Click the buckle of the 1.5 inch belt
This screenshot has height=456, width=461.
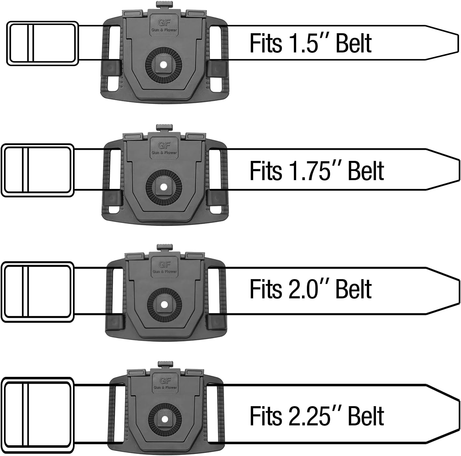pyautogui.click(x=43, y=43)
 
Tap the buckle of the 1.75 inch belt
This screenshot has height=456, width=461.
pyautogui.click(x=38, y=170)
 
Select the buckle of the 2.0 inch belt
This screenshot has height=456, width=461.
pyautogui.click(x=38, y=292)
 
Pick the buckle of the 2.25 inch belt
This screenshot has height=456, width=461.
pyautogui.click(x=38, y=415)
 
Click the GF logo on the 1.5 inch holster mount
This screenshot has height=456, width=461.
pyautogui.click(x=164, y=23)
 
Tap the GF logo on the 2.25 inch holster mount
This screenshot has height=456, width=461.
pyautogui.click(x=165, y=381)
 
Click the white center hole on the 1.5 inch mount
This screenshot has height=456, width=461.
pyautogui.click(x=164, y=65)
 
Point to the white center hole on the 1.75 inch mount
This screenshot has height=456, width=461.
pyautogui.click(x=164, y=187)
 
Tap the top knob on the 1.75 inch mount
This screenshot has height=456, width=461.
pyautogui.click(x=164, y=128)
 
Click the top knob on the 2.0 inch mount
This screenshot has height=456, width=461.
pyautogui.click(x=165, y=248)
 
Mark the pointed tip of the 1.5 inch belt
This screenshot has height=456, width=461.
pyautogui.click(x=458, y=43)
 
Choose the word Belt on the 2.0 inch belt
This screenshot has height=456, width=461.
pyautogui.click(x=353, y=289)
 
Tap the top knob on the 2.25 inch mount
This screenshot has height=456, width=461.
pyautogui.click(x=165, y=365)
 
